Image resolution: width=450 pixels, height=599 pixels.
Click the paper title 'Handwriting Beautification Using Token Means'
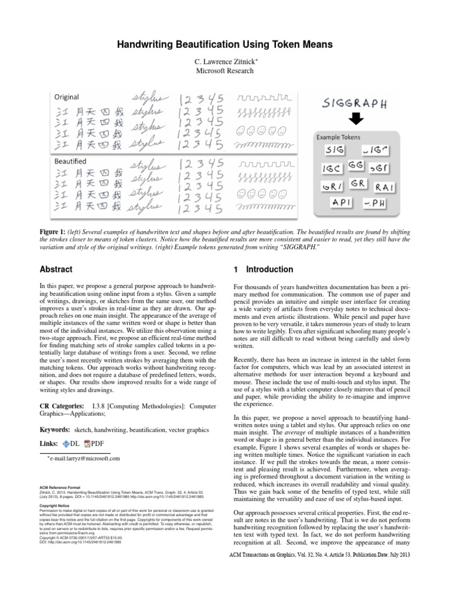coord(225,44)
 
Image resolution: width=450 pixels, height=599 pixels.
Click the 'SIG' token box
coord(335,151)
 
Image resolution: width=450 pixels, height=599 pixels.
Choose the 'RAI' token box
coord(386,186)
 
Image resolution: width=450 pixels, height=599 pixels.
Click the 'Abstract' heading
coord(56,270)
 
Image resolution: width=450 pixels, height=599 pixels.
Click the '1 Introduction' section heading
coord(255,270)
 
